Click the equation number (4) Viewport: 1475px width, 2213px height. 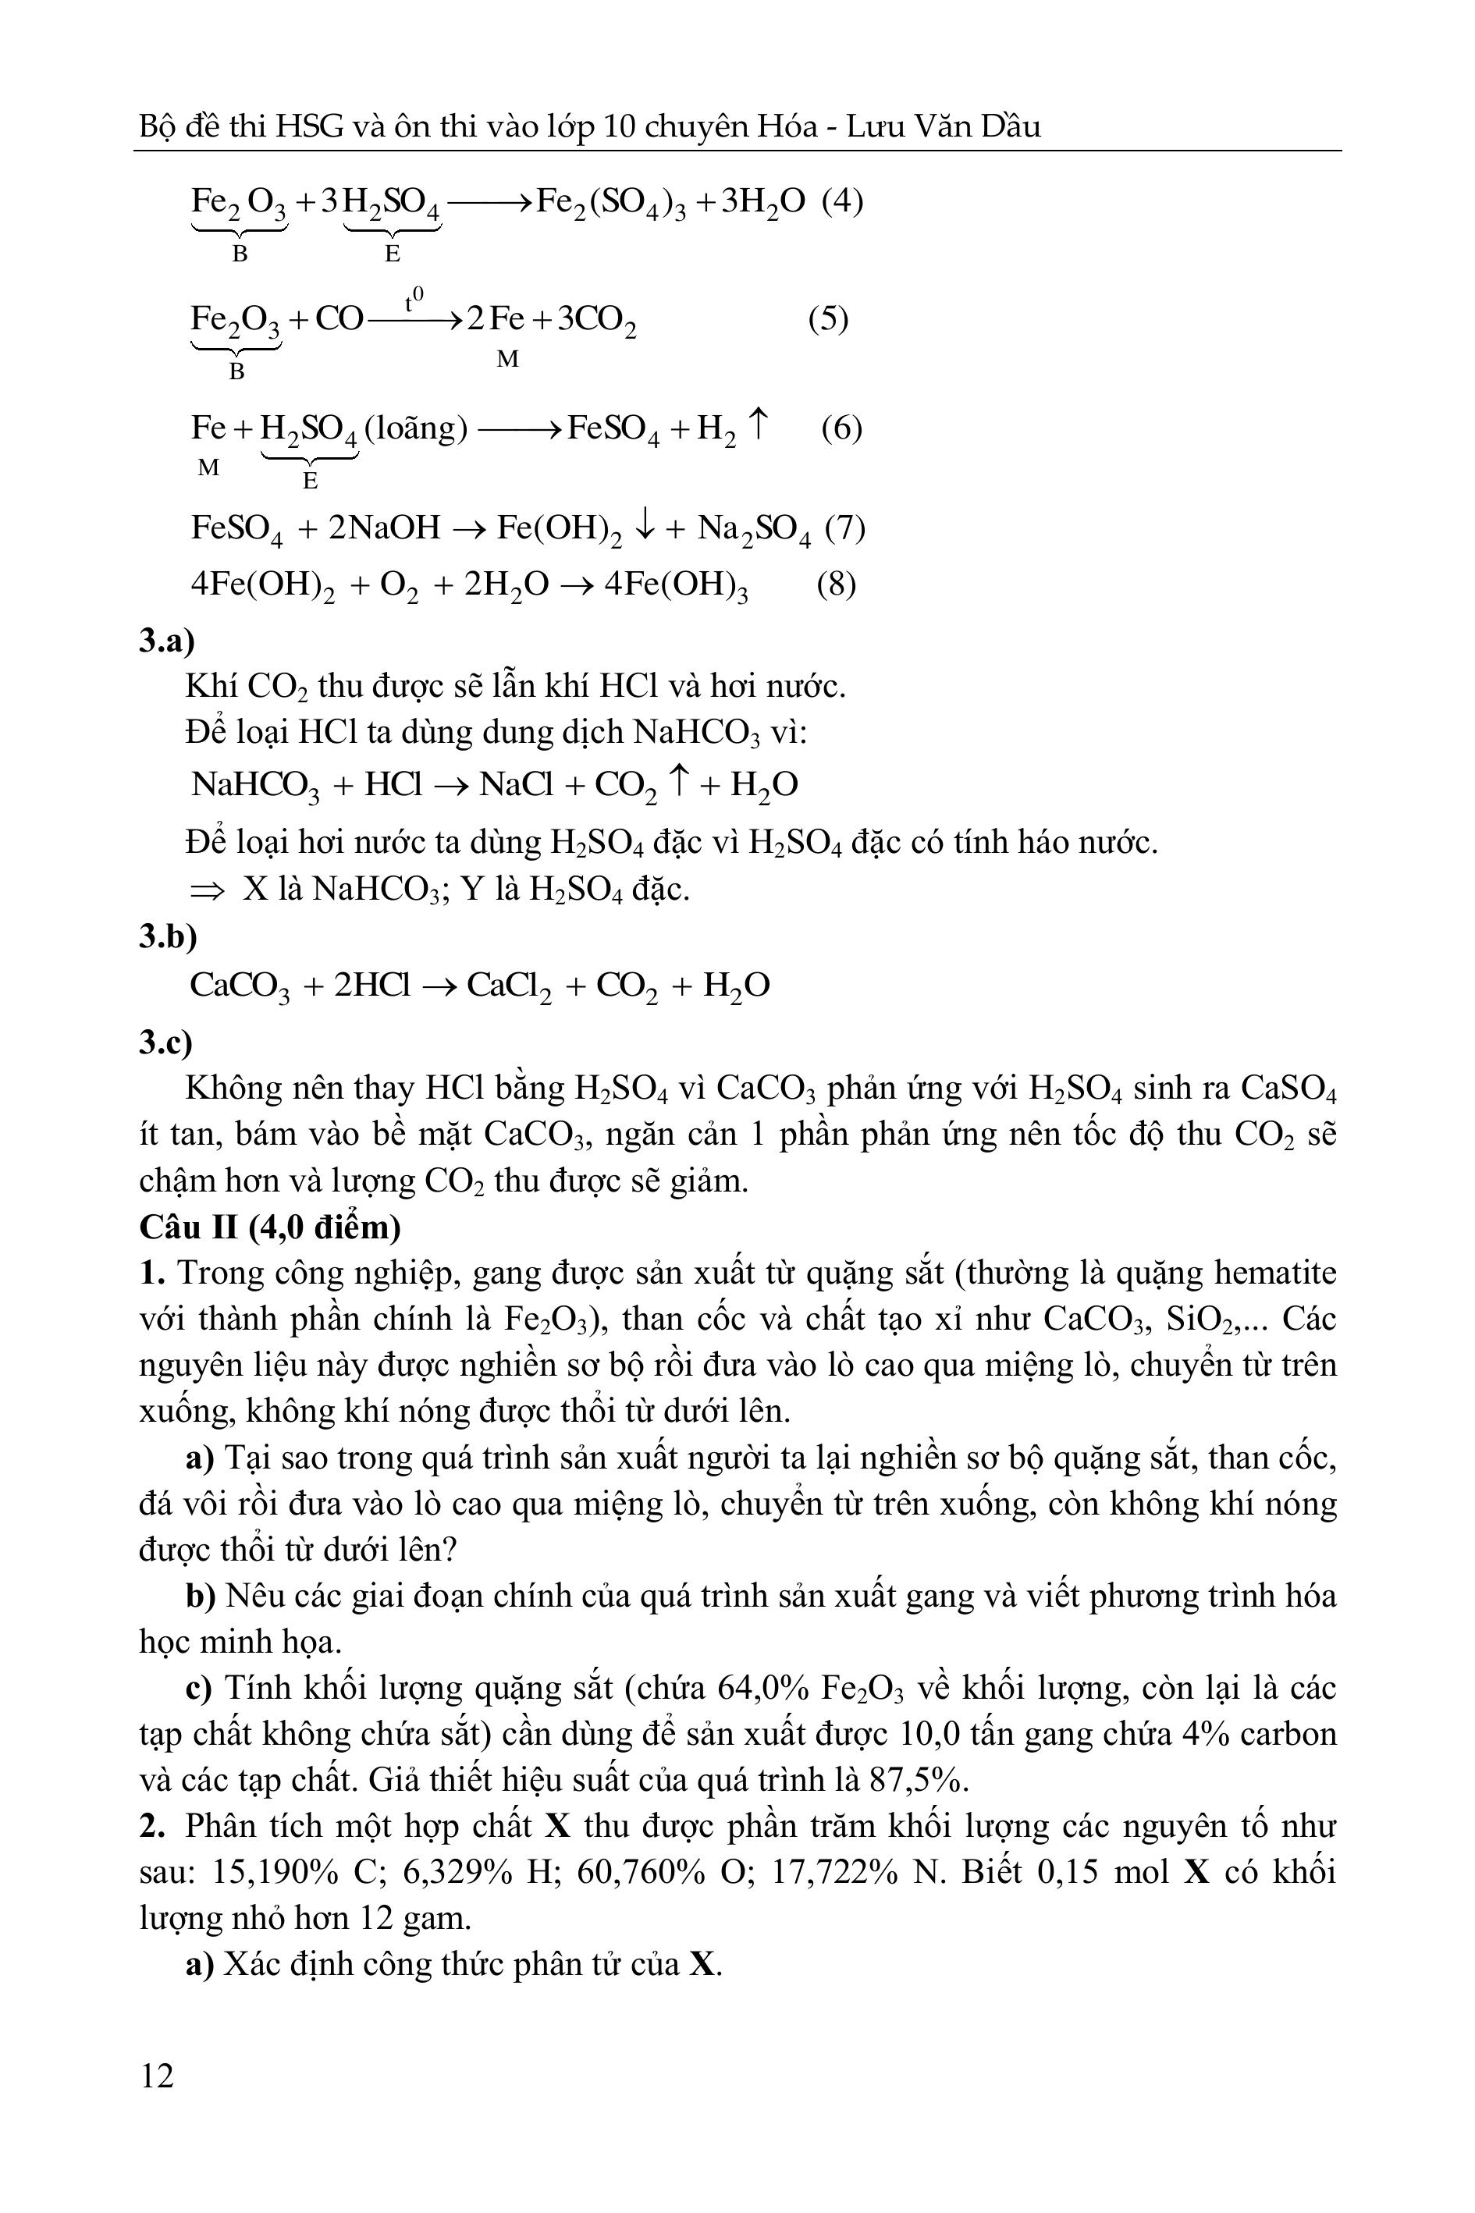tap(842, 201)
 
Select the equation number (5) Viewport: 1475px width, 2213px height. tap(828, 319)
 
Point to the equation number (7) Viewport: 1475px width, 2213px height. tap(844, 527)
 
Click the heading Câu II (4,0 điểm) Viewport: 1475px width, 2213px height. tap(270, 1227)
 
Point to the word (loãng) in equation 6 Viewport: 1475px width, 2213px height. tap(415, 429)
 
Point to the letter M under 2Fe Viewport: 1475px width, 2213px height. tap(507, 359)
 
